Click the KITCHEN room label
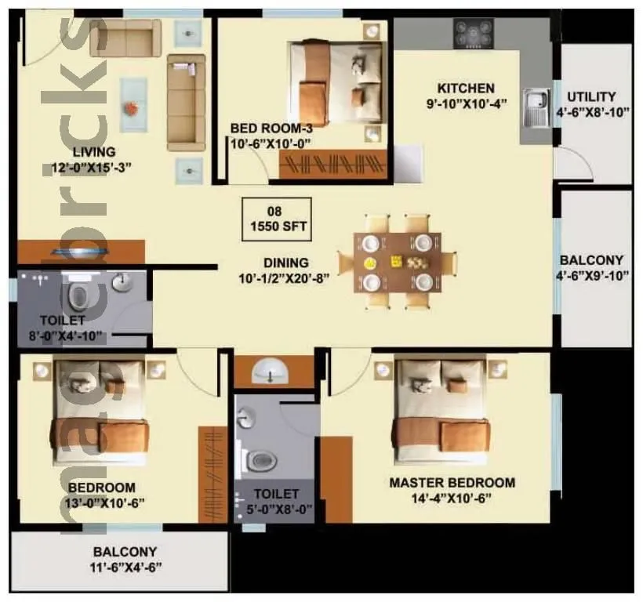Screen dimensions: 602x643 466,88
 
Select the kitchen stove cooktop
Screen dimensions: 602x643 473,33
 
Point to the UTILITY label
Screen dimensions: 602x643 591,96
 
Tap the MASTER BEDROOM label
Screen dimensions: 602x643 452,482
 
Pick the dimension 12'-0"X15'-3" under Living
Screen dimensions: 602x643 89,166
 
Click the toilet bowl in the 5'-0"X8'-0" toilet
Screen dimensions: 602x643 259,461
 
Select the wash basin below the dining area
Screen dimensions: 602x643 271,371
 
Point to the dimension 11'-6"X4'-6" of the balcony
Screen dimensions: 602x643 125,567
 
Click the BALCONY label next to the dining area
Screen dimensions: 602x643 591,260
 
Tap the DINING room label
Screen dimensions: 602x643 285,263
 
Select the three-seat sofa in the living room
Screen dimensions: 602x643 185,106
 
